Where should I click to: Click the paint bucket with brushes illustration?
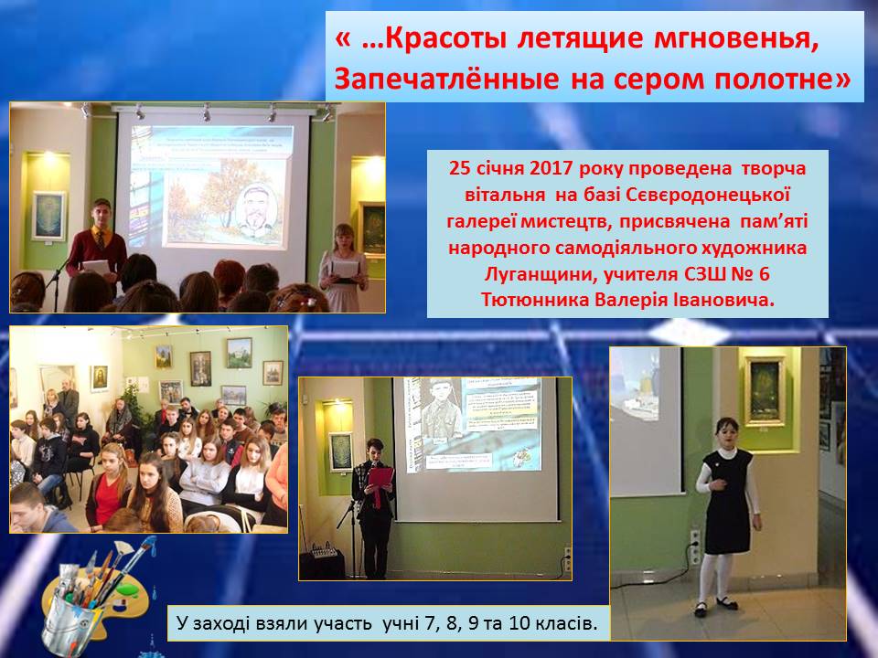pos(95,593)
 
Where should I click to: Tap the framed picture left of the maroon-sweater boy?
pos(48,216)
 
